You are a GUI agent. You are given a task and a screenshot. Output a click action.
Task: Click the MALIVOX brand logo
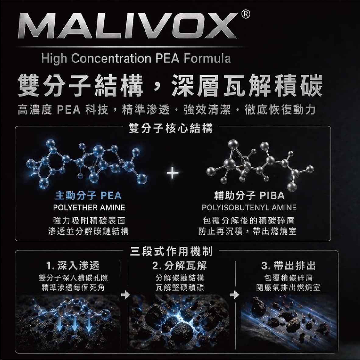pos(127,26)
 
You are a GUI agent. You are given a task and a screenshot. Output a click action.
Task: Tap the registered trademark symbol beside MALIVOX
pos(245,14)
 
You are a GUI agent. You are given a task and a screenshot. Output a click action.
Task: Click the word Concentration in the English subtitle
pos(111,58)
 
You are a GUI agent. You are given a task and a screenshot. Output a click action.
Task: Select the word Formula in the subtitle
pos(207,58)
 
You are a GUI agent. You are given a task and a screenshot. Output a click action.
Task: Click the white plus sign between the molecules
pos(173,173)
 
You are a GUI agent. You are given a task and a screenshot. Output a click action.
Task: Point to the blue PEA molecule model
pos(86,164)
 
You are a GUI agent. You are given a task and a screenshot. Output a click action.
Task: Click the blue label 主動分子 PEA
pos(88,196)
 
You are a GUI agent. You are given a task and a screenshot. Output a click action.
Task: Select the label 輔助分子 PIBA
pos(249,196)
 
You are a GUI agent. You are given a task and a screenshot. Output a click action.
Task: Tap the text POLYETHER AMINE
pos(89,207)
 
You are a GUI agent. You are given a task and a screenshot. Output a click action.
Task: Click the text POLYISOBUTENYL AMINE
pos(249,207)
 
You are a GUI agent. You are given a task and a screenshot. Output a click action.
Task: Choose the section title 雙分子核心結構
pos(171,128)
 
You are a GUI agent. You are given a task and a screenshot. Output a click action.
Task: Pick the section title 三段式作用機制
pos(171,251)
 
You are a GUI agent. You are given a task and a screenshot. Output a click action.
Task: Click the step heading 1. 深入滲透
pos(73,266)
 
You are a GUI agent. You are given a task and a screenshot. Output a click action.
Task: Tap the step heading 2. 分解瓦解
pos(179,266)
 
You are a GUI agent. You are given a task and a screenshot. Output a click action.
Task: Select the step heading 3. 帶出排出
pos(288,266)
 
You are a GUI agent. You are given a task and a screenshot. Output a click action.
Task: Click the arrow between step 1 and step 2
pos(125,295)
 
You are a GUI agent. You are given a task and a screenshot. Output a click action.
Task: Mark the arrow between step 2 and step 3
pos(235,295)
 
